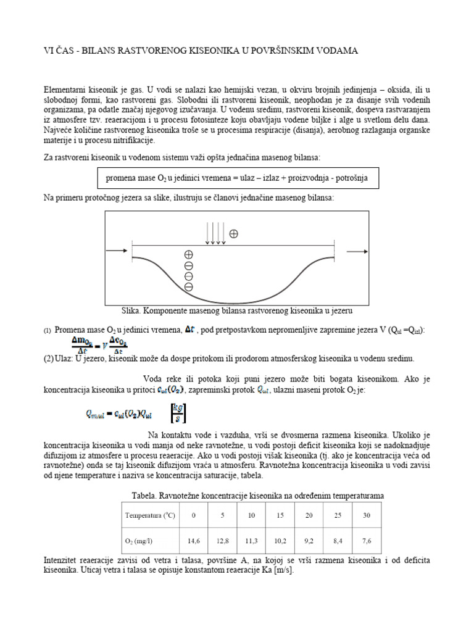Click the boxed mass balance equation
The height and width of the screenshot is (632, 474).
pyautogui.click(x=237, y=178)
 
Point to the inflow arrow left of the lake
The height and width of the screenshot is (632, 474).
pyautogui.click(x=118, y=251)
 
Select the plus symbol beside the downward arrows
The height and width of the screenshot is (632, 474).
pyautogui.click(x=233, y=234)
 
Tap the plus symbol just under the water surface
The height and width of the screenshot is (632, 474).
pyautogui.click(x=189, y=254)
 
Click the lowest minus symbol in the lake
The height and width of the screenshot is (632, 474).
pyautogui.click(x=189, y=286)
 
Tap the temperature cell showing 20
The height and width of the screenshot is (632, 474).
pyautogui.click(x=308, y=515)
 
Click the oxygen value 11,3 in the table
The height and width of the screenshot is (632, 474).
pyautogui.click(x=251, y=541)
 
